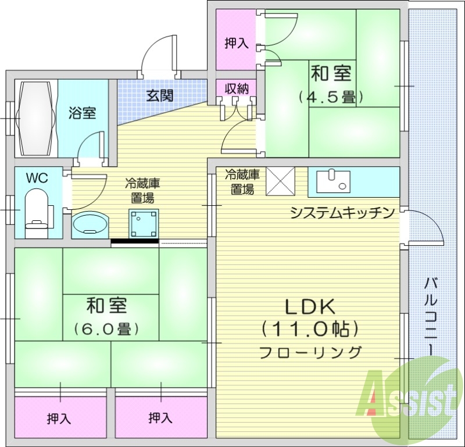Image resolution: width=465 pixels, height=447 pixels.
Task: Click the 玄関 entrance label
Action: click(159, 95)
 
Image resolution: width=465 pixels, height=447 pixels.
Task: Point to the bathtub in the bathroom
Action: click(38, 118)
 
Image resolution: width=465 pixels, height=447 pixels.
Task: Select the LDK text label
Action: click(308, 306)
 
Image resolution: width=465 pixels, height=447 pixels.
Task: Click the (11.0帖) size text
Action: click(308, 329)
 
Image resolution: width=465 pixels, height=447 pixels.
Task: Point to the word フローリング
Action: click(310, 352)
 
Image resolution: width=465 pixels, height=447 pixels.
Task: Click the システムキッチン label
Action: click(343, 212)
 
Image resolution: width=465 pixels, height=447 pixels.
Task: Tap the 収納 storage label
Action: click(237, 88)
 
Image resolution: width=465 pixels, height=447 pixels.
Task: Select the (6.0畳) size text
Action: click(106, 328)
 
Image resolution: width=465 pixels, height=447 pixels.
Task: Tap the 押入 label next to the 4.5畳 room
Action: click(237, 44)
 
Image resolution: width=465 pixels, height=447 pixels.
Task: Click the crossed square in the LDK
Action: click(281, 181)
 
